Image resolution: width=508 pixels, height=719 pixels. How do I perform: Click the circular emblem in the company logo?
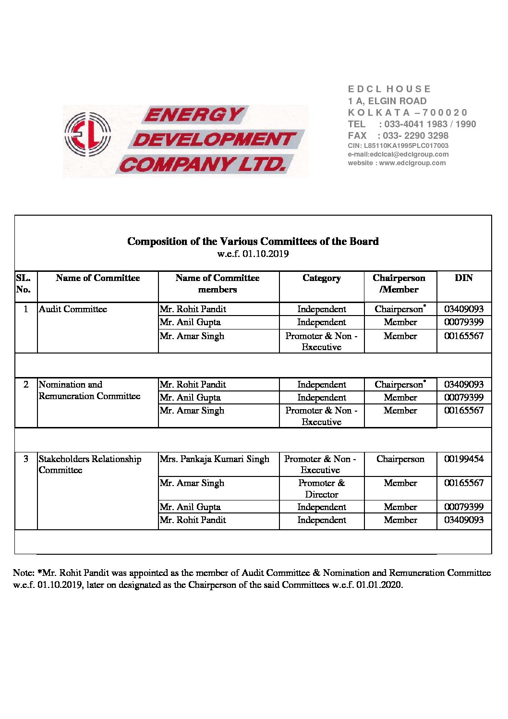(88, 134)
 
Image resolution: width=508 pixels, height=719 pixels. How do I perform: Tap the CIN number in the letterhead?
(398, 146)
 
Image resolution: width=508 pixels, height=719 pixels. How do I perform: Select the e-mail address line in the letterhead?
(398, 154)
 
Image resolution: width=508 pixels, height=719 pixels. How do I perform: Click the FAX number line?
(398, 135)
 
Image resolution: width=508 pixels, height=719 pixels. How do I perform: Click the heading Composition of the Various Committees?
(253, 241)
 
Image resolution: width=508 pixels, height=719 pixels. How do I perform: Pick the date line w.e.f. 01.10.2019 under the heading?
(253, 254)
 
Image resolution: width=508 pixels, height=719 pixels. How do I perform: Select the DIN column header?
(463, 278)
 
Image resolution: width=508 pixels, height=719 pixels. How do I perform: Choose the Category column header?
(321, 278)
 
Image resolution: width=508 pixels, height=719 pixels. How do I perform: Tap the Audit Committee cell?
(73, 309)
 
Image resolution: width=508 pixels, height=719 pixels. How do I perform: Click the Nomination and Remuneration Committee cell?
(89, 390)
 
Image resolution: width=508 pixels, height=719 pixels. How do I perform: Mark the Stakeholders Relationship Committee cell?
(90, 464)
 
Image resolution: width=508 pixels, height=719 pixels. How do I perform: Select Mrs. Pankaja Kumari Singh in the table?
(214, 459)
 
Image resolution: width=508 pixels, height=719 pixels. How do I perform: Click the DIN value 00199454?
(463, 459)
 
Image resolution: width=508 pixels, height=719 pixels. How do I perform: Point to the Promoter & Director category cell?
(321, 488)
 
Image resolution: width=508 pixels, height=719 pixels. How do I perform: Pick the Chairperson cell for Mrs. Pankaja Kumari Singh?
(400, 459)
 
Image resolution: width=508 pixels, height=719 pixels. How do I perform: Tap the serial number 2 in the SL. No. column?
(26, 385)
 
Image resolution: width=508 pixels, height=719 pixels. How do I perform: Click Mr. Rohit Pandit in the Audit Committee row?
(193, 309)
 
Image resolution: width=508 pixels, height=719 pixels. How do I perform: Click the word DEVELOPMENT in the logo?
(214, 140)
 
